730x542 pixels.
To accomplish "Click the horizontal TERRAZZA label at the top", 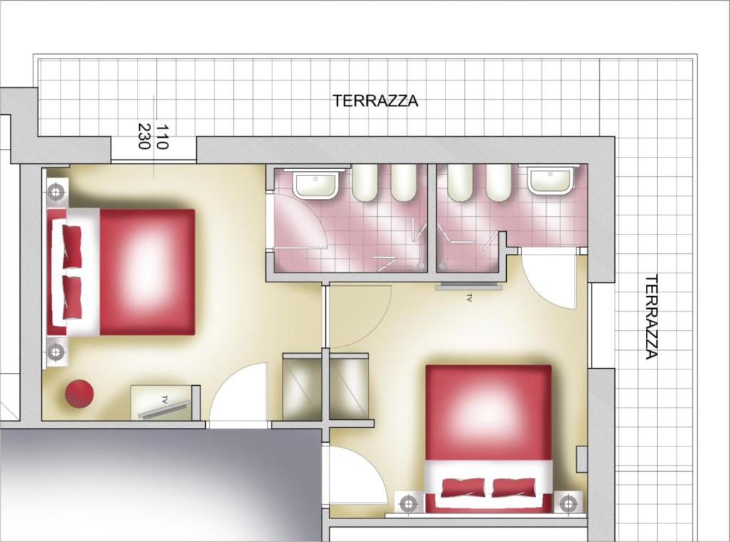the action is [375, 101].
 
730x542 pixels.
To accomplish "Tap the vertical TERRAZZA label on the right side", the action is [651, 317].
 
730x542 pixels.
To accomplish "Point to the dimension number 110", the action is [161, 136].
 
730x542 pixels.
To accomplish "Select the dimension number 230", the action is [143, 136].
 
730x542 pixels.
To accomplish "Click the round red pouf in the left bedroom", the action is [79, 394].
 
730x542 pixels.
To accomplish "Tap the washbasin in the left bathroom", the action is [315, 184].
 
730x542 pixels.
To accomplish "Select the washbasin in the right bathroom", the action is [550, 180].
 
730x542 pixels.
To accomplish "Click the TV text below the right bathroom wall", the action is [469, 300].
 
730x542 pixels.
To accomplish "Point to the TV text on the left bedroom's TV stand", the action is [165, 399].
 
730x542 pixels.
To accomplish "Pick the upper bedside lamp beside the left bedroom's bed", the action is [57, 191].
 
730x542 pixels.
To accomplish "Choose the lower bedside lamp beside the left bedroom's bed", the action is [56, 352].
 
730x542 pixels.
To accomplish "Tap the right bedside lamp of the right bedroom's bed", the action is [568, 503].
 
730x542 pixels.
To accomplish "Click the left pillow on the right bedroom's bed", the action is [464, 488].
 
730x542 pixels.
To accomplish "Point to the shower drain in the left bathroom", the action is [421, 265].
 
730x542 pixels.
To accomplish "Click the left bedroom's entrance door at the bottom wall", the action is [238, 395].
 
